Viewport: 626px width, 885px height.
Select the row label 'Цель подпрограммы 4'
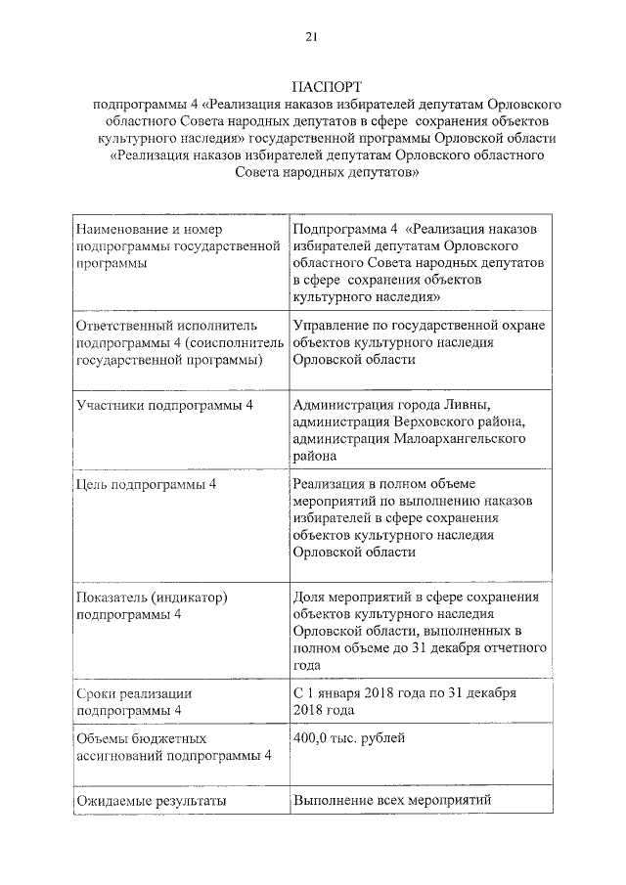click(147, 485)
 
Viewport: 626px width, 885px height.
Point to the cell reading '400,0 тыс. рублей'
click(348, 738)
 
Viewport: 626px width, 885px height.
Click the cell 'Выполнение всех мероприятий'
click(390, 802)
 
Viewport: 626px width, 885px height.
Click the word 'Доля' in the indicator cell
click(309, 597)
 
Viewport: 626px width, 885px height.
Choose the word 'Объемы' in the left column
click(103, 738)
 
